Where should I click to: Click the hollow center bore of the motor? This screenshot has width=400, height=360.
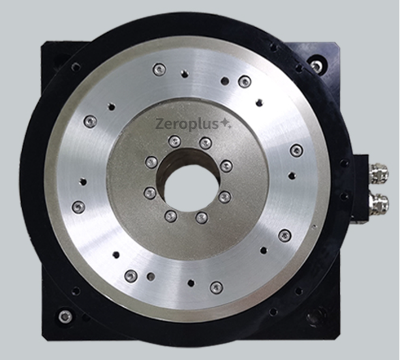coord(187,187)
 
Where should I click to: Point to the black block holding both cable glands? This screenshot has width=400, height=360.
coord(361,188)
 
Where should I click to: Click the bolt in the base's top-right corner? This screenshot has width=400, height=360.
coord(317,66)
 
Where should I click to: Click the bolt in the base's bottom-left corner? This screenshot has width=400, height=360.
coord(65,316)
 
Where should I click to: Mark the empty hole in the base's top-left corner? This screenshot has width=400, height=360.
coord(76,67)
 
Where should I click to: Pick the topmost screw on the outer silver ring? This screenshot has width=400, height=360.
coord(159,69)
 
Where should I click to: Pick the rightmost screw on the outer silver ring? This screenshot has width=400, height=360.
coord(296,150)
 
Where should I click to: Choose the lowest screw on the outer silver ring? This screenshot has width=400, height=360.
coord(216,287)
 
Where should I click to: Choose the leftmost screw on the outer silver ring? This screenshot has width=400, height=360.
coord(78,206)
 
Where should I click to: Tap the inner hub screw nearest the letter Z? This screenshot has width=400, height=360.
coord(174,141)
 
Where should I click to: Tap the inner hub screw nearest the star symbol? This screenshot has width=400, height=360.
coord(205,142)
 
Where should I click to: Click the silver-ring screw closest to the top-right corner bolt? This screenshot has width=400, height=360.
coord(244,82)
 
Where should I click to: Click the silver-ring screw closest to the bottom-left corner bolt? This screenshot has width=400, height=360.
coord(130,275)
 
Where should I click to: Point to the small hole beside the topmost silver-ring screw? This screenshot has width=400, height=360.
coord(184,74)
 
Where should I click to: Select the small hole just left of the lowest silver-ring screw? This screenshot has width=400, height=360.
coord(191,282)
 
